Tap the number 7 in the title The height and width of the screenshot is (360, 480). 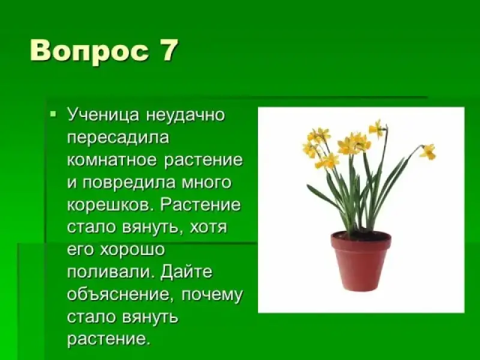(x=168, y=50)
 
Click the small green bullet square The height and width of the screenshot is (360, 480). (x=53, y=115)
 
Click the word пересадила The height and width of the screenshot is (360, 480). (x=118, y=138)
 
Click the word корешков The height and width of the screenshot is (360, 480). (x=110, y=205)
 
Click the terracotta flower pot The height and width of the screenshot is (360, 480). (x=361, y=261)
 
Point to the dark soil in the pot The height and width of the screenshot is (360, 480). (x=361, y=236)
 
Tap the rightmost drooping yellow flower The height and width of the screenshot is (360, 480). (x=427, y=152)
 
